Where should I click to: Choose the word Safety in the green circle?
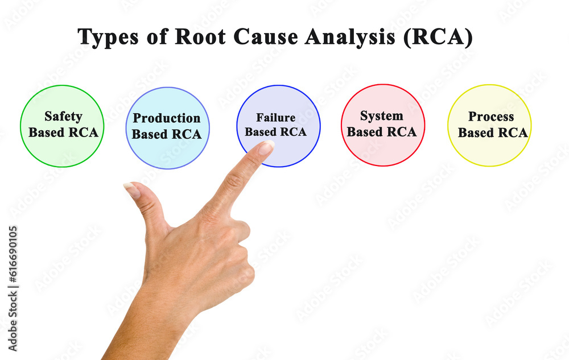[63, 117]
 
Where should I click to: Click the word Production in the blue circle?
[166, 118]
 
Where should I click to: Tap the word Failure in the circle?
[275, 118]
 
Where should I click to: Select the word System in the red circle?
[381, 116]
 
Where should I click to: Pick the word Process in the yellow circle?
[491, 117]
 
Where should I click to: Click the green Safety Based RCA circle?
[62, 148]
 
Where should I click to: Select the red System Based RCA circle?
[382, 151]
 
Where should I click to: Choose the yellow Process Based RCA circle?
[489, 151]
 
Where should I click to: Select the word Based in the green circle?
[45, 133]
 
